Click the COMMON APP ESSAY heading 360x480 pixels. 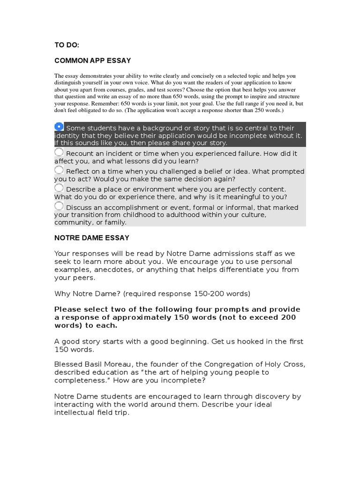click(x=93, y=60)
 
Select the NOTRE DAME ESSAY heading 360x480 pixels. click(x=92, y=238)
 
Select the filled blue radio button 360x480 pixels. click(x=59, y=127)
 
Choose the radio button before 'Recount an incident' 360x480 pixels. click(x=59, y=152)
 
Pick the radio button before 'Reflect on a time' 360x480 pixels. click(x=59, y=170)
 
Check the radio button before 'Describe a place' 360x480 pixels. click(x=59, y=188)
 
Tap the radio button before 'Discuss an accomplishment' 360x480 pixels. click(x=59, y=206)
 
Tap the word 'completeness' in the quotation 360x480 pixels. click(x=76, y=380)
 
